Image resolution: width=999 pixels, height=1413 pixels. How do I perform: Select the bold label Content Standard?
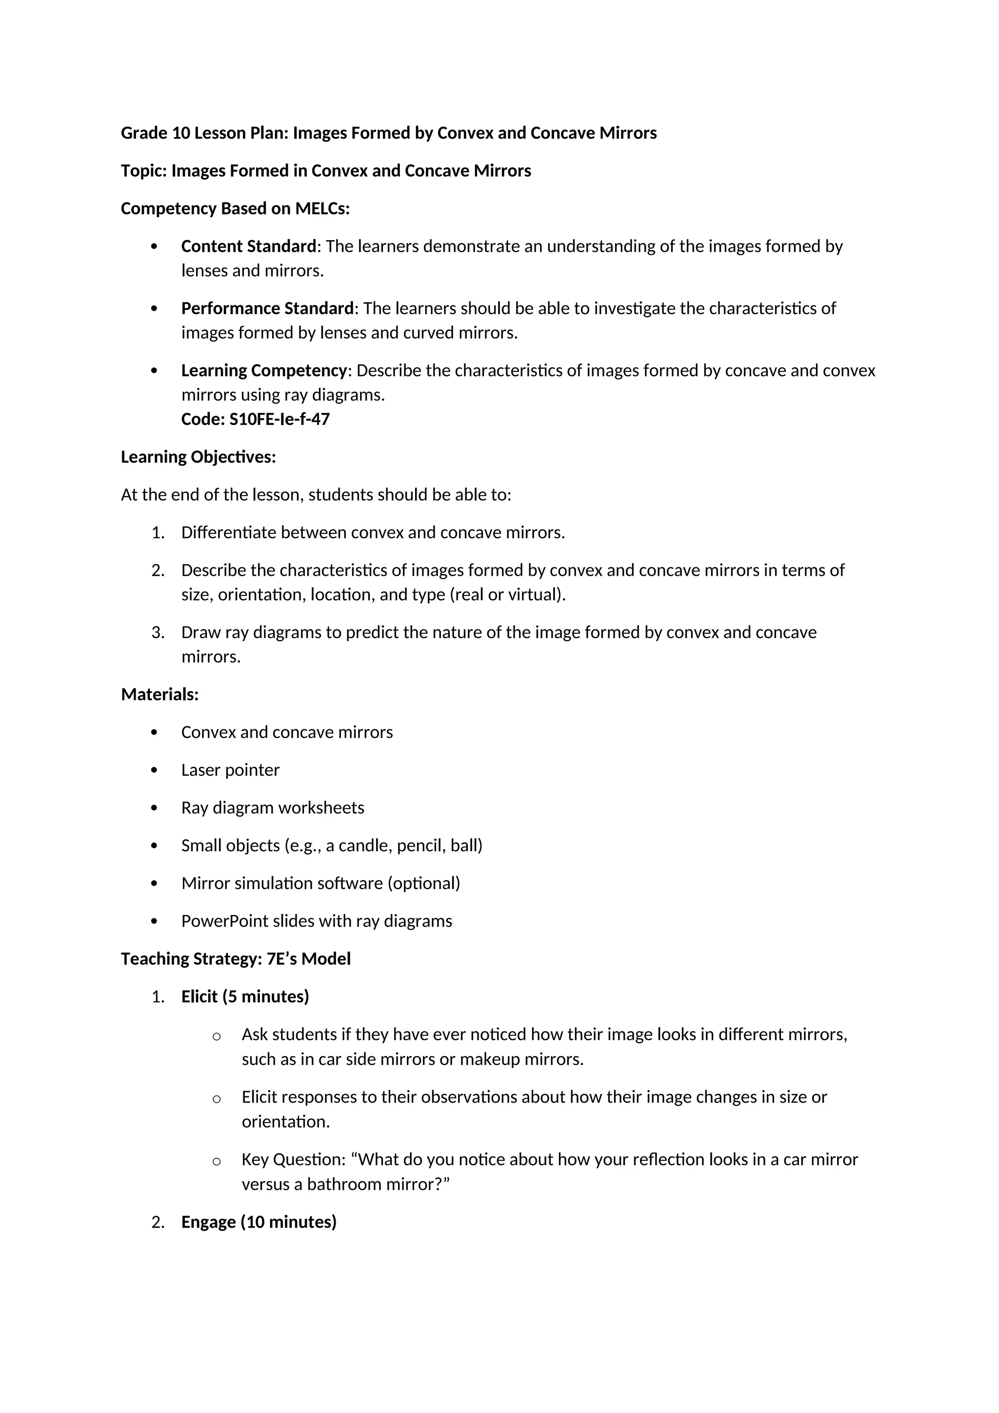click(x=248, y=246)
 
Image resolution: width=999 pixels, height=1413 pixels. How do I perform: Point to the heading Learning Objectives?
click(x=198, y=457)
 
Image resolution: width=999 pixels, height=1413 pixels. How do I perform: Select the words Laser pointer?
click(x=230, y=770)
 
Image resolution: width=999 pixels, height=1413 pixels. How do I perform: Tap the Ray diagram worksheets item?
click(x=273, y=807)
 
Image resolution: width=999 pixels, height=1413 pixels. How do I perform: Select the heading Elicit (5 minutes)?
click(x=245, y=996)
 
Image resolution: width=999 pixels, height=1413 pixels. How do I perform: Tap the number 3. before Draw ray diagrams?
click(x=158, y=633)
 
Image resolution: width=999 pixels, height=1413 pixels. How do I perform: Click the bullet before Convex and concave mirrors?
click(x=154, y=732)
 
